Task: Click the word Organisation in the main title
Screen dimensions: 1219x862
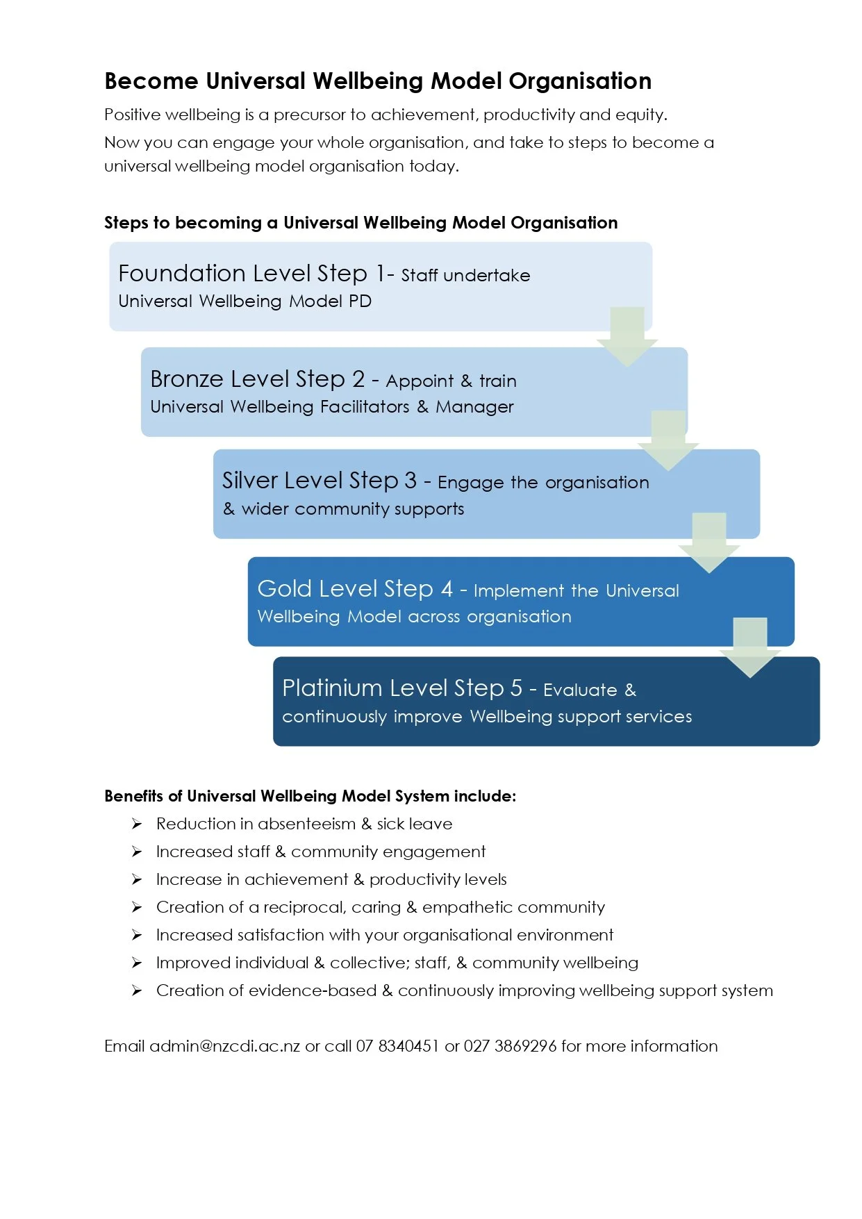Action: pyautogui.click(x=580, y=81)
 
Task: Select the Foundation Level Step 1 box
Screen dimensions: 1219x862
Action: pyautogui.click(x=347, y=286)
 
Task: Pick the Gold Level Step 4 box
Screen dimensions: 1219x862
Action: pyautogui.click(x=486, y=602)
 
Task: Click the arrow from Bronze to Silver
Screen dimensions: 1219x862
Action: pyautogui.click(x=668, y=440)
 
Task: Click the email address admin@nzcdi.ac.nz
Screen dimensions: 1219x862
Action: pyautogui.click(x=225, y=1046)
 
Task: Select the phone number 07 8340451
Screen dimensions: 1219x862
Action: pyautogui.click(x=397, y=1046)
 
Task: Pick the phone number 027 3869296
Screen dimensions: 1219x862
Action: pyautogui.click(x=510, y=1046)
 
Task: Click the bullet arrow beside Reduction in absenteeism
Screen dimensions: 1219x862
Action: pyautogui.click(x=137, y=824)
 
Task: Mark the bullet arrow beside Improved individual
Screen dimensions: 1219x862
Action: pyautogui.click(x=137, y=963)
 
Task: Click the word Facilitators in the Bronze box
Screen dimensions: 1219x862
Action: pyautogui.click(x=365, y=407)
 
